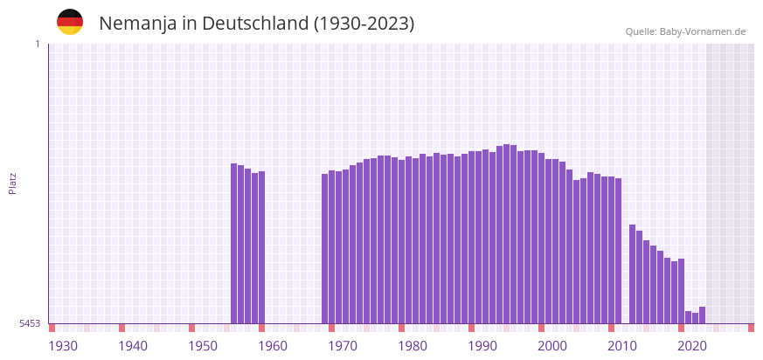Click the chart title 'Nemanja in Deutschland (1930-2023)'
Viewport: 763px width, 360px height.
(256, 24)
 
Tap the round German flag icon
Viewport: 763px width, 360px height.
(70, 22)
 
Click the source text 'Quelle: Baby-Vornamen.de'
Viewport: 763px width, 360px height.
(685, 31)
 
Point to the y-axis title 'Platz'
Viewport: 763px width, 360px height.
(12, 183)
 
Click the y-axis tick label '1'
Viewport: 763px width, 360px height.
(37, 44)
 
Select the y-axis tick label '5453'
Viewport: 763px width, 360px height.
(30, 323)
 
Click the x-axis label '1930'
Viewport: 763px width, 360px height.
(63, 346)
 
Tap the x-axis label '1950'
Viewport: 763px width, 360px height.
(203, 346)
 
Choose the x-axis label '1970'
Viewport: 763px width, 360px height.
(343, 346)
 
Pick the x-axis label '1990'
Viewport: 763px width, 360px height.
(482, 346)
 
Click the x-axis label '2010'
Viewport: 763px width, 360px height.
(622, 346)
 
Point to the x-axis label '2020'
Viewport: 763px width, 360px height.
(692, 346)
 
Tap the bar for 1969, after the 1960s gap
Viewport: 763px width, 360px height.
(325, 248)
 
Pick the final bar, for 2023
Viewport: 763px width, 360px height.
(703, 315)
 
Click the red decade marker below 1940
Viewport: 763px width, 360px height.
(122, 328)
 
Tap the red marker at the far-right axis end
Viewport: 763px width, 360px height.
(751, 328)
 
